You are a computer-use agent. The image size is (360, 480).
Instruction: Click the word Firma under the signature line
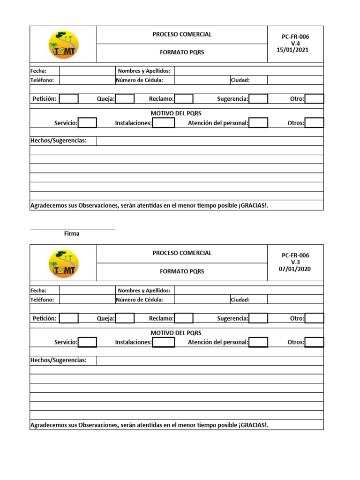tap(72, 233)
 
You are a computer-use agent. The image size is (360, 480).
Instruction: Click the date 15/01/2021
tap(293, 50)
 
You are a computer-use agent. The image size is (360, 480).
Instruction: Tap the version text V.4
tap(295, 44)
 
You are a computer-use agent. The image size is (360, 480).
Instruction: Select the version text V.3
tap(295, 262)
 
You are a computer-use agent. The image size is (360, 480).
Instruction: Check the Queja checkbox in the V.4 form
tap(125, 99)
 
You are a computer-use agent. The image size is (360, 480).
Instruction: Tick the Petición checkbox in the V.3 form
tap(69, 318)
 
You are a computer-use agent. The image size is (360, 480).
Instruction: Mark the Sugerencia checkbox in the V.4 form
tap(258, 99)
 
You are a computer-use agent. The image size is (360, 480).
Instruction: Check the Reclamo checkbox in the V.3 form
tap(184, 318)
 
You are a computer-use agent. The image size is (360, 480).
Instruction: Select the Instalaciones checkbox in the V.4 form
tap(164, 123)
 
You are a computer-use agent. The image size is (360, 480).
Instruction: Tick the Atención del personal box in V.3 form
tap(258, 342)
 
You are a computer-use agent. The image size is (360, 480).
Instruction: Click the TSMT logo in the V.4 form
tap(64, 45)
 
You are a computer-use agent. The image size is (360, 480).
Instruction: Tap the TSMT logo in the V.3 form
tap(64, 264)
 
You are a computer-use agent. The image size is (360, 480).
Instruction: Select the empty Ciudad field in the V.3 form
tap(295, 300)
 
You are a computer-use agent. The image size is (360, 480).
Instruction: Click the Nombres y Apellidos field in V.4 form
tap(248, 71)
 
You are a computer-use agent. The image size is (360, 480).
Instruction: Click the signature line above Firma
tap(72, 229)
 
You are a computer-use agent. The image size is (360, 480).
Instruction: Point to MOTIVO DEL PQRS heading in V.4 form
tap(176, 113)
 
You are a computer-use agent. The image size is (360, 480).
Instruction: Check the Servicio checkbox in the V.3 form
tap(87, 342)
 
